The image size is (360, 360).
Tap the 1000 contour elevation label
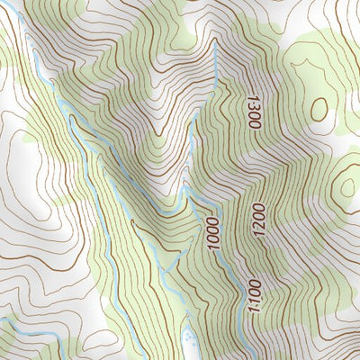[x=212, y=233]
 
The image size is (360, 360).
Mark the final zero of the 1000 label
[x=214, y=246]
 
